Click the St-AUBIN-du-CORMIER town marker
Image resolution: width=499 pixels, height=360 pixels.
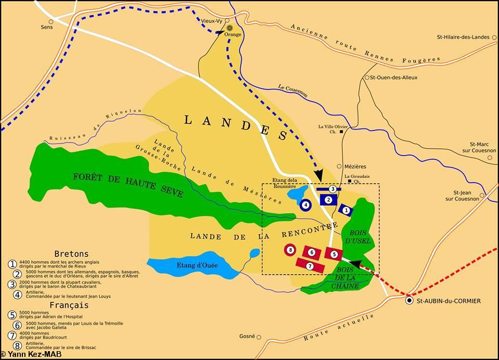coord(410,301)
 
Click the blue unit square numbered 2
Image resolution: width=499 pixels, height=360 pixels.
coord(329,199)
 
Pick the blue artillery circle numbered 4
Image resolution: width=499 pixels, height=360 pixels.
coord(306,205)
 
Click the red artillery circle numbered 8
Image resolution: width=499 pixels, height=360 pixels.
coord(290,250)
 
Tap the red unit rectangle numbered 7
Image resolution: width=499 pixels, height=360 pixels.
coord(310,265)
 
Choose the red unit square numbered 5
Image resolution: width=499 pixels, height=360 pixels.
coord(334,254)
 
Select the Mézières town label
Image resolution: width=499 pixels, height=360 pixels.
coord(356,166)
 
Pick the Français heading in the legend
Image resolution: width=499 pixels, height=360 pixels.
coord(70,305)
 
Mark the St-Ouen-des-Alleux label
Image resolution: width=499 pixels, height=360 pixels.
coord(393,78)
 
